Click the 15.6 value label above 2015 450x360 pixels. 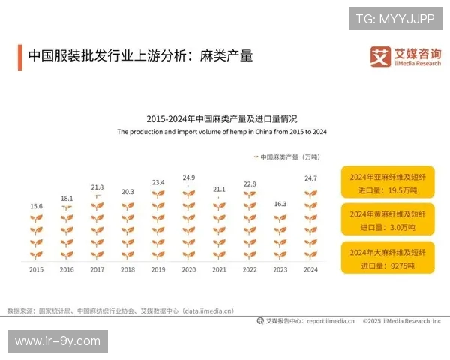click(x=36, y=206)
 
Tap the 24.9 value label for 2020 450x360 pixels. click(x=189, y=178)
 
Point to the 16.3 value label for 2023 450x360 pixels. click(x=280, y=204)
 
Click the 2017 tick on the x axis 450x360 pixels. click(x=97, y=269)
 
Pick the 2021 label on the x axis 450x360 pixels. click(x=219, y=269)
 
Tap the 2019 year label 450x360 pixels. click(x=158, y=269)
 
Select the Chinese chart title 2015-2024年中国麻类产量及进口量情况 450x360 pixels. click(x=222, y=118)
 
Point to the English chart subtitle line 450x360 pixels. click(x=222, y=131)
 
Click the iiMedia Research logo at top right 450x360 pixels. click(x=405, y=57)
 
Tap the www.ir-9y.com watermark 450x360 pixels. click(x=57, y=341)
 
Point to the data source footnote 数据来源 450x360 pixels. click(x=121, y=310)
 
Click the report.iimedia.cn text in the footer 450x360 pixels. click(x=331, y=321)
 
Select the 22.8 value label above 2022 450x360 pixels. click(x=250, y=184)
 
